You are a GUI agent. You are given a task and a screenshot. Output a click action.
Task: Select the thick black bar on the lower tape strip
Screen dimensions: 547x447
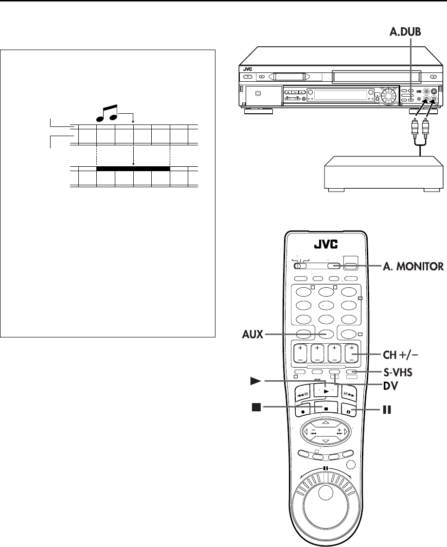(x=133, y=169)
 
